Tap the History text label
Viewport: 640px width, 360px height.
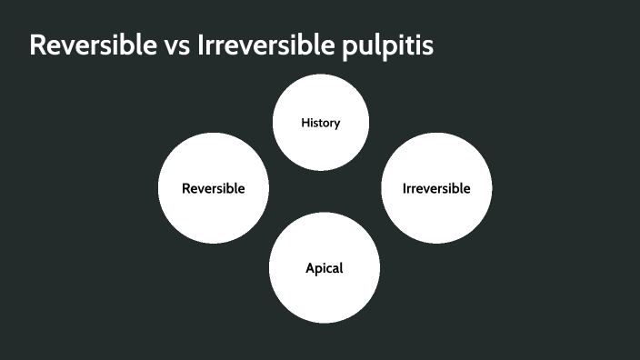tap(320, 123)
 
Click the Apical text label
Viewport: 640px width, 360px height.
tap(324, 268)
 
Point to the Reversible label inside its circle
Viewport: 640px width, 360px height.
tap(213, 189)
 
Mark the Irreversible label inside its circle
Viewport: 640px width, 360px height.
tap(436, 189)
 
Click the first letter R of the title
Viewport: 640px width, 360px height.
tap(38, 45)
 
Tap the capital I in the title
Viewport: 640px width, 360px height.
tap(200, 45)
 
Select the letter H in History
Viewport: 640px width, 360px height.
tap(305, 123)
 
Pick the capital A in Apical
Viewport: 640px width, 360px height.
tap(309, 268)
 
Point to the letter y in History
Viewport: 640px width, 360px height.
tap(336, 124)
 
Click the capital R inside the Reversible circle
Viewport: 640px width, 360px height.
tap(185, 189)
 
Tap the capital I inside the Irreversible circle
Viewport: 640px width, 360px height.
tap(404, 189)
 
